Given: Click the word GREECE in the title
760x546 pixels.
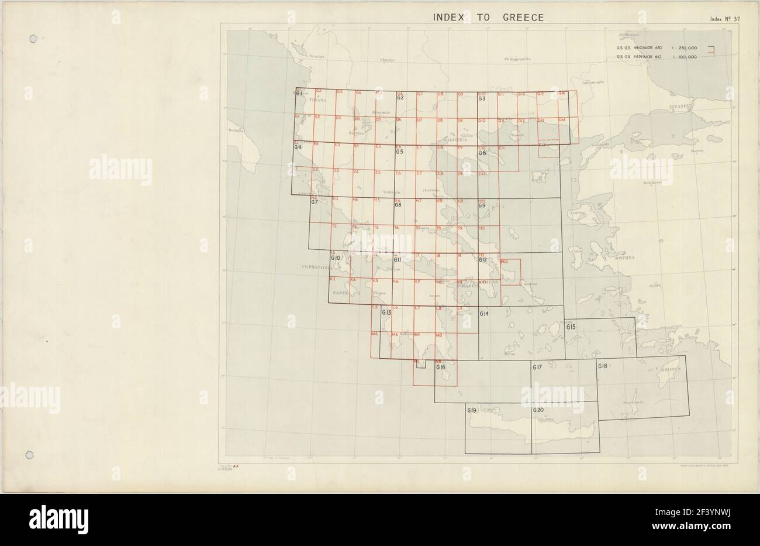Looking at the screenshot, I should (x=523, y=17).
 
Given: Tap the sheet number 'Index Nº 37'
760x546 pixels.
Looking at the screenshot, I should (x=726, y=19).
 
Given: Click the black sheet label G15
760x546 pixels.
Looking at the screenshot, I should (x=571, y=327).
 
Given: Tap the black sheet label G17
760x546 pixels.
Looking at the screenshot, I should (x=537, y=367).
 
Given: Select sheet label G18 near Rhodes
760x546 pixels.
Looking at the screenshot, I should (x=603, y=366).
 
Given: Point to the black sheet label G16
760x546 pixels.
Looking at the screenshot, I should (x=441, y=367).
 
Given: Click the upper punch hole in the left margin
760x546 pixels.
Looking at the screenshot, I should (x=33, y=39).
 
